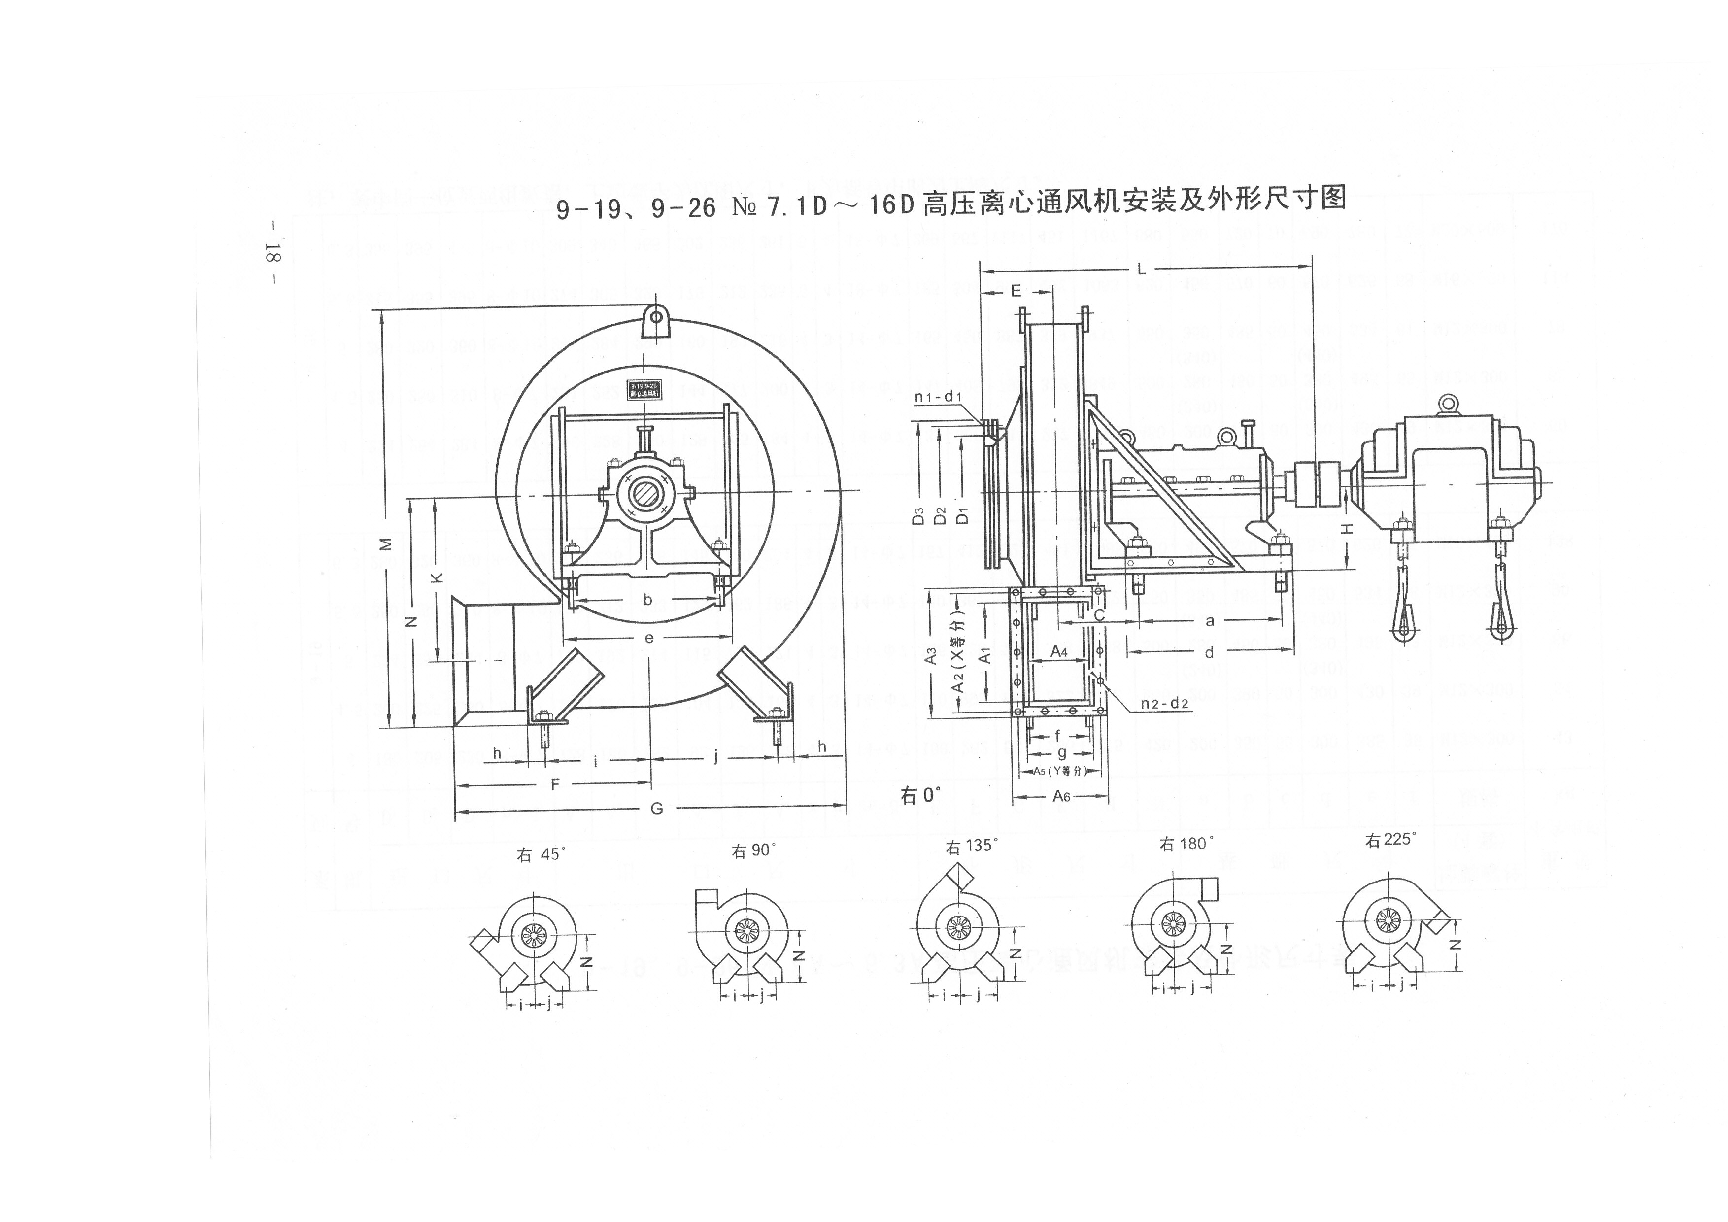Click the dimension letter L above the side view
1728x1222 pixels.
1142,269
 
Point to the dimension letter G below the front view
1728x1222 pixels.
656,808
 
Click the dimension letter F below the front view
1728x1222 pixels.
555,784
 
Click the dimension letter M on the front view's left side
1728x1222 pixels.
385,544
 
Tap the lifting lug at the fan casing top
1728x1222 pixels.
656,322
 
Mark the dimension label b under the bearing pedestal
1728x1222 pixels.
647,600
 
